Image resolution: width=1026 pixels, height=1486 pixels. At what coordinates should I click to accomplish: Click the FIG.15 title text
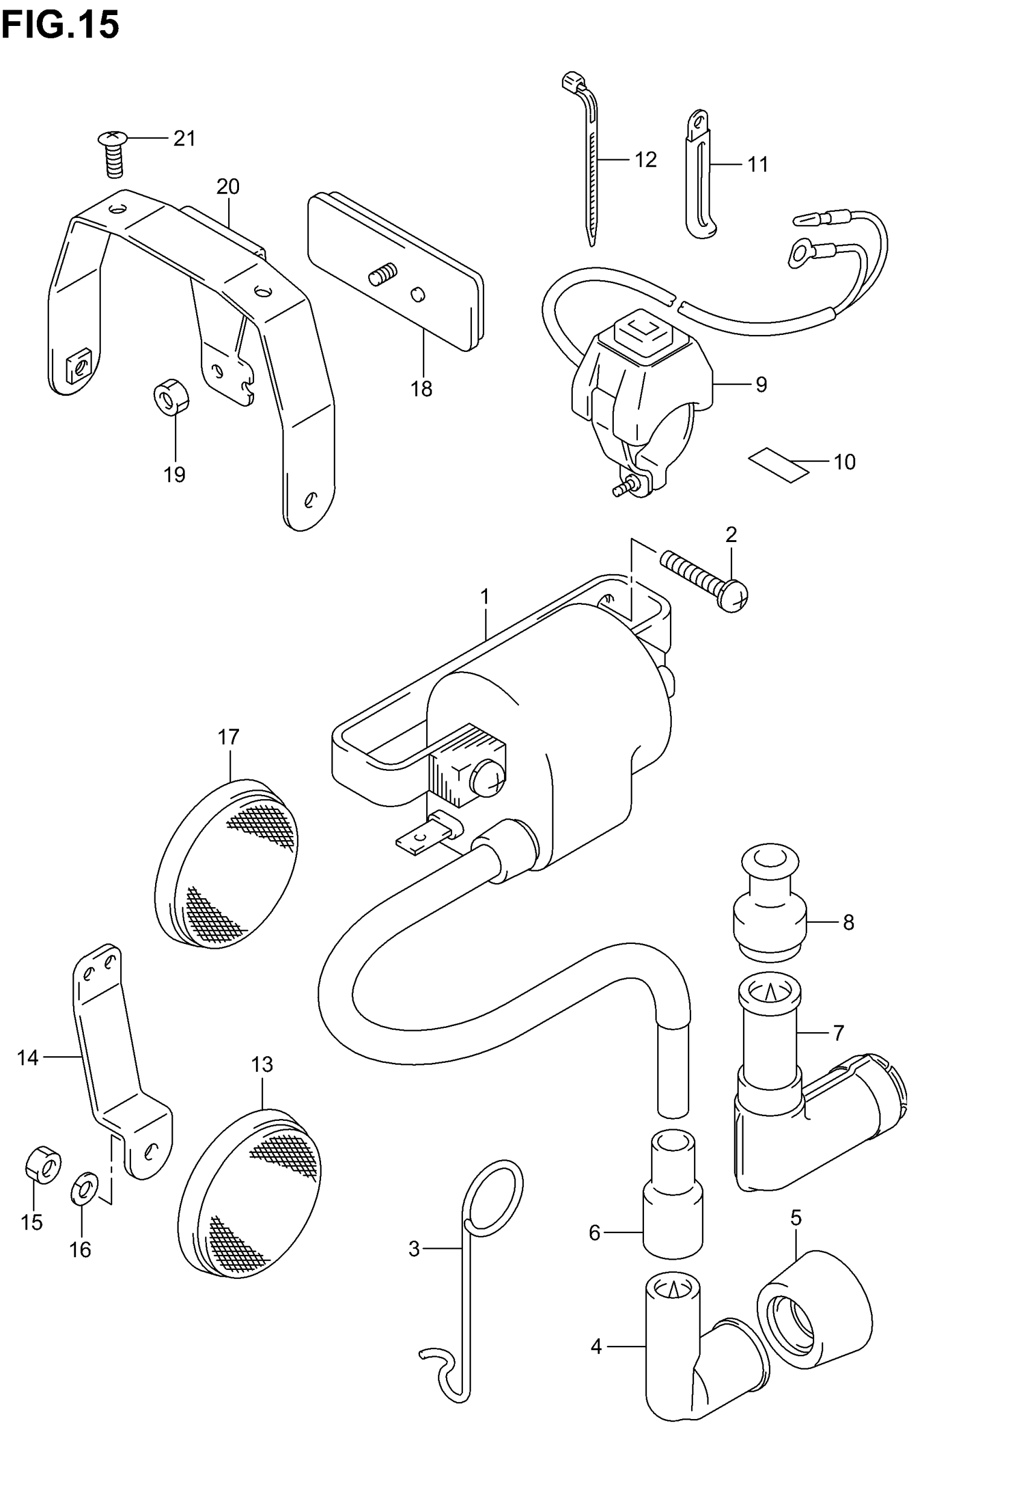(x=60, y=26)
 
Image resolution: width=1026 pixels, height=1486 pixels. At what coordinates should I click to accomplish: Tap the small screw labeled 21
(x=113, y=152)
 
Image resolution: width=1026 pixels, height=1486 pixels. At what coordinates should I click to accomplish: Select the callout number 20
(x=228, y=187)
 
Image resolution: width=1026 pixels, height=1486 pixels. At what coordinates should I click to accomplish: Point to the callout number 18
(x=422, y=389)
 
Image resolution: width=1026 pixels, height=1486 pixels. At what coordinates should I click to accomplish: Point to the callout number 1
(x=485, y=597)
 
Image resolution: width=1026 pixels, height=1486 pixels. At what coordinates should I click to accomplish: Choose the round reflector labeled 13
(x=249, y=1194)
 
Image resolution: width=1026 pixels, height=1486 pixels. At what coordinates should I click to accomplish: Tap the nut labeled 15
(x=43, y=1167)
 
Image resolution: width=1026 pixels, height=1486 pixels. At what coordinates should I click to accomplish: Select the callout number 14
(x=28, y=1058)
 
